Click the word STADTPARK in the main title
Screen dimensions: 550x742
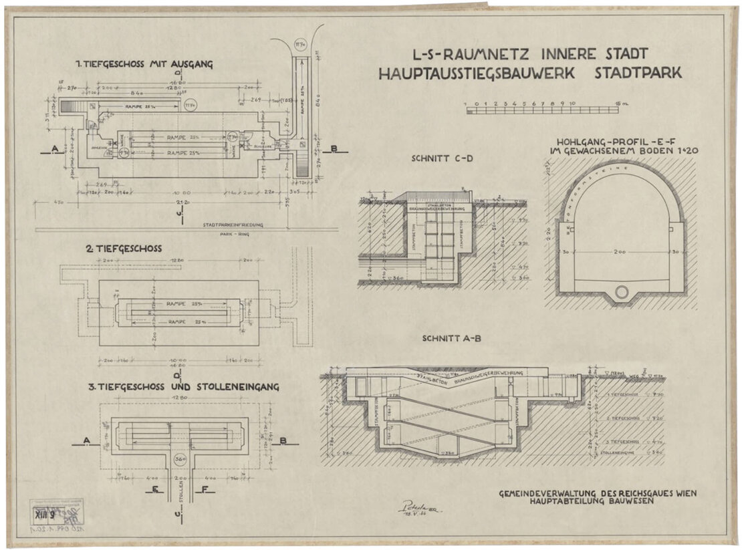point(638,73)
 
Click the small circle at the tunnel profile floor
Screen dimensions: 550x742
point(622,291)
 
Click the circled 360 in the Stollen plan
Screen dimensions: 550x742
point(179,460)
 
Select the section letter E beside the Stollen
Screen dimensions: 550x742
point(154,489)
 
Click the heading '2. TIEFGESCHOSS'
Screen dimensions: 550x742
point(123,249)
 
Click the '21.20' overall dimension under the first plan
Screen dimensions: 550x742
point(180,202)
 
